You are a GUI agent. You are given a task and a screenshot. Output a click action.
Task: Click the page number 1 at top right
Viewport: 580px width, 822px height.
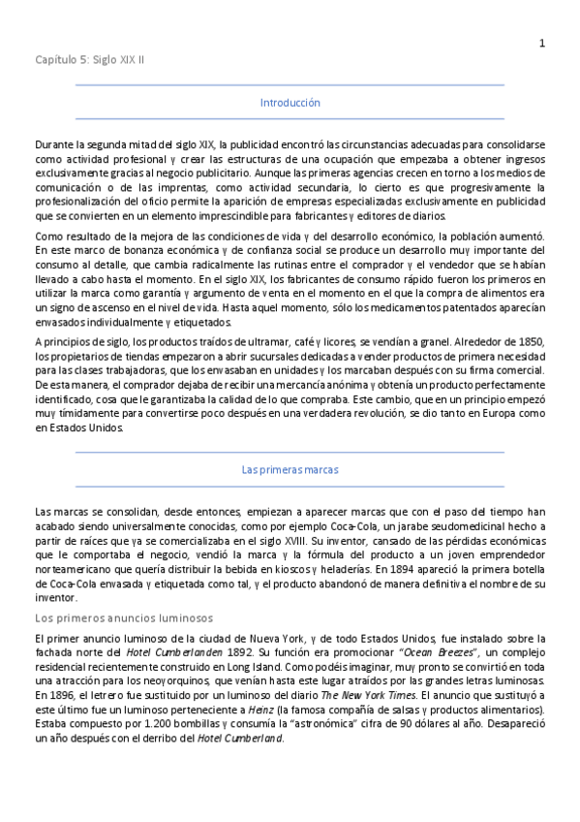tap(542, 42)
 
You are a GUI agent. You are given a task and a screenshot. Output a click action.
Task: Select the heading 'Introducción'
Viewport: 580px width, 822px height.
tap(290, 103)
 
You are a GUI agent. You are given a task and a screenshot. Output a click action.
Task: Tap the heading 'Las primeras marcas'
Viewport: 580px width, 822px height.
tap(290, 469)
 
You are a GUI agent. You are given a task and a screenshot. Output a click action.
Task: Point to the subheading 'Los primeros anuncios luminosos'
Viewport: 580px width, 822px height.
tap(124, 617)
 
